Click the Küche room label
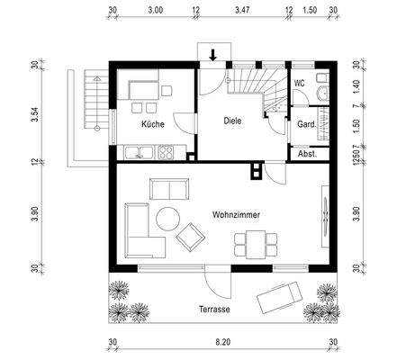153,124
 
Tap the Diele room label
232,121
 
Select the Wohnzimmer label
236,215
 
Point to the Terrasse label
214,309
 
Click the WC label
300,83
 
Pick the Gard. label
307,124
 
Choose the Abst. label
307,154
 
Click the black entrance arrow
212,55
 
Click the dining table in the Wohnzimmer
256,245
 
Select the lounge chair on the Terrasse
280,297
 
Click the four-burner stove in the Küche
166,152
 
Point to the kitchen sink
140,152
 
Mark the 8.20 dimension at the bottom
223,342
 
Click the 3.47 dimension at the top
242,10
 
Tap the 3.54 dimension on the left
36,114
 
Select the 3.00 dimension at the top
156,10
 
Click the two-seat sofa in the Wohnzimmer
169,189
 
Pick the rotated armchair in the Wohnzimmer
190,238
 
